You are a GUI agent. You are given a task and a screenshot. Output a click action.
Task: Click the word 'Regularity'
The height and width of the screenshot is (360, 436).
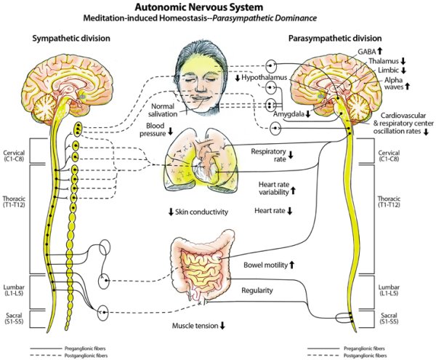257,290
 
